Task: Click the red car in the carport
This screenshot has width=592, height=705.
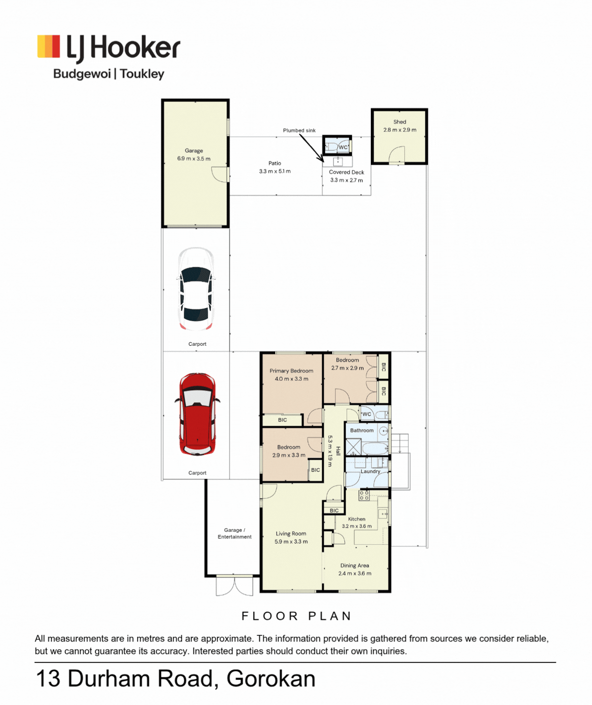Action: pos(197,414)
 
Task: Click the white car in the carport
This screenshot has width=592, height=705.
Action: pos(196,289)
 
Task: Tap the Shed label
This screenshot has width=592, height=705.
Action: pos(399,122)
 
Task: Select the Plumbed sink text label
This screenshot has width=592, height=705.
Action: pos(299,130)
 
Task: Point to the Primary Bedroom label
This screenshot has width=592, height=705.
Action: pos(291,371)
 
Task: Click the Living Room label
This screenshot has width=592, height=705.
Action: pos(291,533)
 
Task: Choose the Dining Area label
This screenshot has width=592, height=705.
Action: pos(355,565)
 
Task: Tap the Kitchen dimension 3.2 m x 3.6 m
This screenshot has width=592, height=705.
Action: pos(356,526)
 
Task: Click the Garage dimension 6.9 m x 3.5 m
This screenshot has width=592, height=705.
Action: pos(194,159)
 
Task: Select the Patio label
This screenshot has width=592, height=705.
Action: pos(275,163)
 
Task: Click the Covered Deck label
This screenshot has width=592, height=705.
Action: pos(347,172)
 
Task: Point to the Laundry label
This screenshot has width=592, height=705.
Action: pos(370,471)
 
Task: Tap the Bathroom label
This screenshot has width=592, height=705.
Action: pos(362,431)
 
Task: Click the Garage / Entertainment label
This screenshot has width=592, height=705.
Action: pos(234,533)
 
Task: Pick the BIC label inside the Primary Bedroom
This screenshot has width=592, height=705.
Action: pos(282,420)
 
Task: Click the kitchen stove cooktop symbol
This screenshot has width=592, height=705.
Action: pos(364,496)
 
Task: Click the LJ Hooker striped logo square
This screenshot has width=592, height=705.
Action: pos(49,46)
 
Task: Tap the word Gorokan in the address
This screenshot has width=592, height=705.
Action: pos(271,679)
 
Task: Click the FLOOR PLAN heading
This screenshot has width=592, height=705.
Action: pos(297,616)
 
